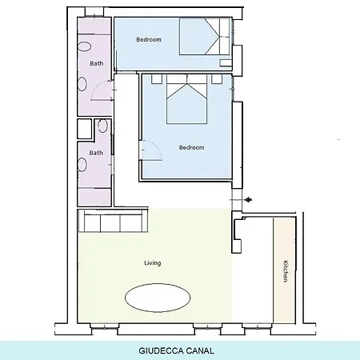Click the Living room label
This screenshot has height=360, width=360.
click(153, 263)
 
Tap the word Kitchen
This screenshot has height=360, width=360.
click(286, 271)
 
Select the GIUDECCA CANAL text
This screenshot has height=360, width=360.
click(176, 350)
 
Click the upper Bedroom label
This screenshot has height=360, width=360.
click(149, 39)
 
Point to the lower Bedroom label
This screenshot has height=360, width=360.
click(192, 147)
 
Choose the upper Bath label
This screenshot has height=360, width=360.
click(97, 63)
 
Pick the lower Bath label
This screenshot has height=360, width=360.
click(96, 153)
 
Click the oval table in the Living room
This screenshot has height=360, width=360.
click(158, 298)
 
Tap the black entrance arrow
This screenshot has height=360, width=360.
click(249, 199)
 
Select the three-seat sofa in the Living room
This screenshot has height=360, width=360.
click(113, 221)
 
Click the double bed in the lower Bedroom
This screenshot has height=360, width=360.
click(187, 99)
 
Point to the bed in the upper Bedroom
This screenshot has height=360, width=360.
click(204, 36)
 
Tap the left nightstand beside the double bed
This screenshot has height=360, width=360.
click(157, 79)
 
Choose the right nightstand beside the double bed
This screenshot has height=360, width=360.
click(217, 79)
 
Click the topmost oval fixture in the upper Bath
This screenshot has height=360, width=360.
click(85, 46)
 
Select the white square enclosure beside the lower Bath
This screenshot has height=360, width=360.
click(85, 129)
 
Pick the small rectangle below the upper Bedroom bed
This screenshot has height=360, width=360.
click(226, 63)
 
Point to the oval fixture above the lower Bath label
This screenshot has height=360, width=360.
click(102, 126)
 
